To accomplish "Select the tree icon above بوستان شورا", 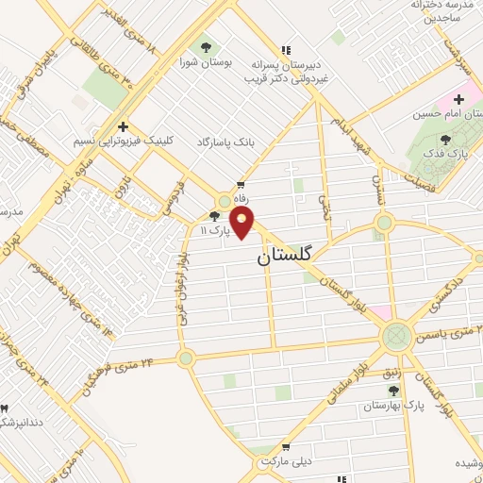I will (x=204, y=46).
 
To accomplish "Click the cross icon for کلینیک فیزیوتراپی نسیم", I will (x=122, y=125).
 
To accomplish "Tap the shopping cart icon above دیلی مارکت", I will (x=285, y=448).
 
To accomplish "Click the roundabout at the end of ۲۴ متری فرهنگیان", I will (x=185, y=358).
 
